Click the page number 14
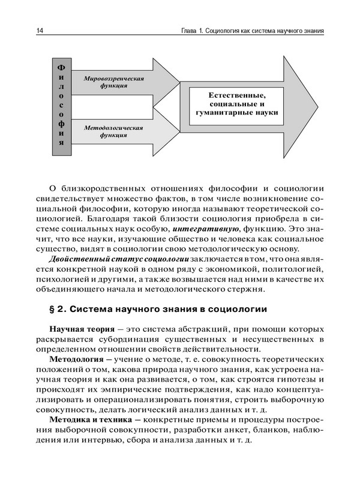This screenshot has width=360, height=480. tap(40, 31)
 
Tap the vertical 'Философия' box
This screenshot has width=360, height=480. tap(61, 106)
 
